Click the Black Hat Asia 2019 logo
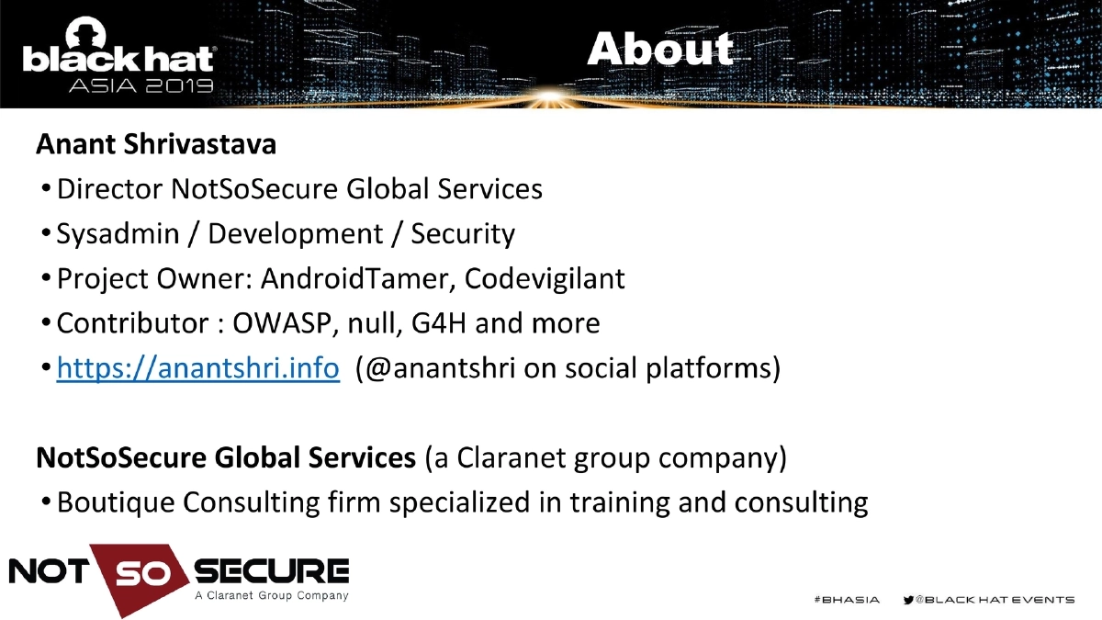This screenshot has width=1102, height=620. pyautogui.click(x=118, y=65)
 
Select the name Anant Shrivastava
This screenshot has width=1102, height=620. pyautogui.click(x=156, y=144)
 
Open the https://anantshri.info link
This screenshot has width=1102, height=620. pyautogui.click(x=198, y=369)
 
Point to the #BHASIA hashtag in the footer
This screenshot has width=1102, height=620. pyautogui.click(x=847, y=600)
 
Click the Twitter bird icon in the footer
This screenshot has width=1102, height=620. pyautogui.click(x=909, y=600)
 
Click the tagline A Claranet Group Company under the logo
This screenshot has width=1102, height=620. pyautogui.click(x=272, y=596)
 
